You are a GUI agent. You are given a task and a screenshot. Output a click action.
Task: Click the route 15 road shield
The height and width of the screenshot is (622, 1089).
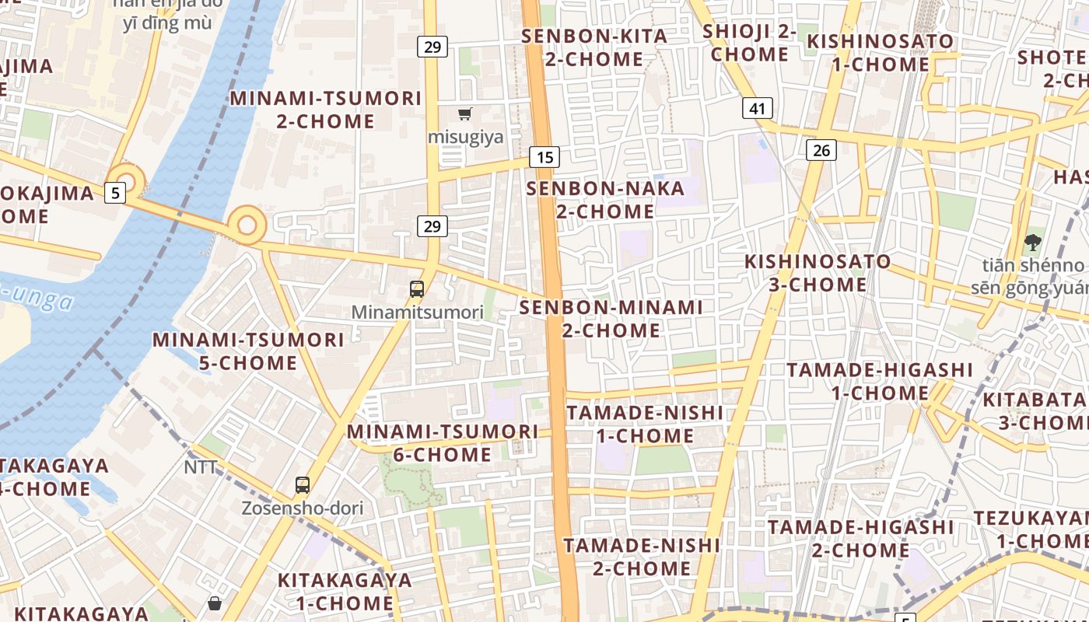(x=544, y=157)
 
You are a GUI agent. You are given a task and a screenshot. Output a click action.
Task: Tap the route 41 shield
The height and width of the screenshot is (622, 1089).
(x=757, y=108)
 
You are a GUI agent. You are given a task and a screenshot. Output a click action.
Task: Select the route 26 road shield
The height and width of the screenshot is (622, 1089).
(x=821, y=150)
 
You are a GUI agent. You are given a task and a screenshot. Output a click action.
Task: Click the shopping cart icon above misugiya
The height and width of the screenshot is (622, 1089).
(x=465, y=114)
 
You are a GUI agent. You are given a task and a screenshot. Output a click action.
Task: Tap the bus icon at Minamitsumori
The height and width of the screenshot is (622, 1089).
(x=417, y=289)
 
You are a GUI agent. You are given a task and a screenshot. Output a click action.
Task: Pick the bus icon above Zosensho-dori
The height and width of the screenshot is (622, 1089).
(x=303, y=485)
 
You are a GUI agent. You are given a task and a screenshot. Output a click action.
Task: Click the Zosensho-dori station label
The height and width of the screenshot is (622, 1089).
(x=302, y=508)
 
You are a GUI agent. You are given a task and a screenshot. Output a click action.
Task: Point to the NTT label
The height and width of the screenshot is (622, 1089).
(x=201, y=467)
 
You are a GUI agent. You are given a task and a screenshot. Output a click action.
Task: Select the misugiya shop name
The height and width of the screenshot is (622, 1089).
(x=466, y=137)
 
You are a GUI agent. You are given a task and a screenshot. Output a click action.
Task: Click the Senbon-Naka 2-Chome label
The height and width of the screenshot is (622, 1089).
(x=605, y=200)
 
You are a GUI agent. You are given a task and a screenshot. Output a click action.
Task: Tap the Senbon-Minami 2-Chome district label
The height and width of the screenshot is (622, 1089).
(x=611, y=319)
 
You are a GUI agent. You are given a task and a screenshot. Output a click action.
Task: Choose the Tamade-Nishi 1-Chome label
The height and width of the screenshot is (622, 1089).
(x=645, y=424)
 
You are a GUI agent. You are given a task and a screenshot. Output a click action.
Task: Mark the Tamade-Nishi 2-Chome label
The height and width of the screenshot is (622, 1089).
(x=642, y=557)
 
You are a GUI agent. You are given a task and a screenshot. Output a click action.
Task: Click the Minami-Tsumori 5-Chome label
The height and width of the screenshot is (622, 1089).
(x=248, y=351)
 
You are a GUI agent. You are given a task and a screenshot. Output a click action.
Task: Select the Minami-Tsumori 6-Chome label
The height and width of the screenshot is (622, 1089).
(x=443, y=442)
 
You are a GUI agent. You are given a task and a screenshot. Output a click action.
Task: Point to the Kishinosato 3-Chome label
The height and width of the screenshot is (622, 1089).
(x=818, y=273)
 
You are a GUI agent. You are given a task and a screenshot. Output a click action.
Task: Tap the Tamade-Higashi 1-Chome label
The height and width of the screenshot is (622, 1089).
(x=880, y=381)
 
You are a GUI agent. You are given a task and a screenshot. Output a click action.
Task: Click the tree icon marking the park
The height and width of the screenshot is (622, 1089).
(x=1033, y=242)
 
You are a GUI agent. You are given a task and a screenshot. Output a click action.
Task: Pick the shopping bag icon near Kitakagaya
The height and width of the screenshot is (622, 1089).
(x=215, y=603)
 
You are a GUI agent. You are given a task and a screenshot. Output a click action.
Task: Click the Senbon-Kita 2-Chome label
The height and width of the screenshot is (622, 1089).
(x=594, y=47)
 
